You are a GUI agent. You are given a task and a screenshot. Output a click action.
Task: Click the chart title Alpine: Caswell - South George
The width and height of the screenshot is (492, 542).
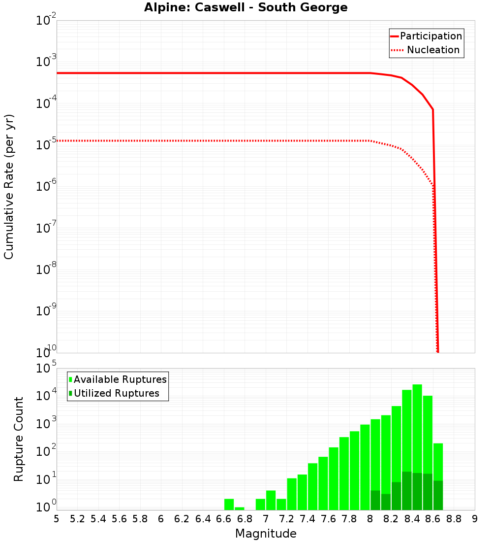[x=246, y=8]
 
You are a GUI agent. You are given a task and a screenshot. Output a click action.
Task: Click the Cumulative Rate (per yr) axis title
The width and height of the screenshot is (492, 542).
[x=9, y=187]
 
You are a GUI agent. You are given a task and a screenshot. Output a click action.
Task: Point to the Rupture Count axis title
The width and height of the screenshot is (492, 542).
[x=19, y=439]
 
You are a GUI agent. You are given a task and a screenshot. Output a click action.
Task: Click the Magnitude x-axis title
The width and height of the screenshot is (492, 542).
[x=266, y=534]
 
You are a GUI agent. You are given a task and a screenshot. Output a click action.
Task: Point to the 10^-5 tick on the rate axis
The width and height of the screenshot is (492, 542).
[x=47, y=145]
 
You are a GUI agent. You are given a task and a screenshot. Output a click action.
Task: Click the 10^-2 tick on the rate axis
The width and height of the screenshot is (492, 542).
[x=47, y=21]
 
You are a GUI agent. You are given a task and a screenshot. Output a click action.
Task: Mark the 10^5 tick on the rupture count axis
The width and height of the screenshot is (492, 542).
[x=47, y=369]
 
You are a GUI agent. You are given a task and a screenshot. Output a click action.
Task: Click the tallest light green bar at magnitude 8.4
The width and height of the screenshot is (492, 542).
[x=417, y=429]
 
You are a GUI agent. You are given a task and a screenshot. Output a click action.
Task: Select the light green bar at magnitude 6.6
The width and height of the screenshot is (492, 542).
[x=229, y=505]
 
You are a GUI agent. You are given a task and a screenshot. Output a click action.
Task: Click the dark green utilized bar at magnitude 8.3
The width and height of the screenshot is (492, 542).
[x=407, y=491]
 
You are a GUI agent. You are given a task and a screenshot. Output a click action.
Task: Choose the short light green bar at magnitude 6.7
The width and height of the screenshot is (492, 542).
[x=240, y=508]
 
